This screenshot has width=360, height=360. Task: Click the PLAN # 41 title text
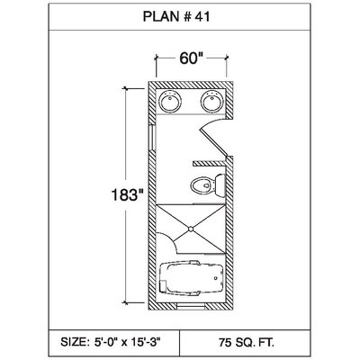coord(176,16)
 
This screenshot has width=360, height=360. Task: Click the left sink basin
coord(170,101)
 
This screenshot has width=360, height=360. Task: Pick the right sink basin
coord(212,101)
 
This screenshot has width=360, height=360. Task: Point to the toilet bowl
coord(202,185)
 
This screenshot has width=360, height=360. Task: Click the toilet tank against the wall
coord(220,186)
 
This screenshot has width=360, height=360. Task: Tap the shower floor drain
coord(191,229)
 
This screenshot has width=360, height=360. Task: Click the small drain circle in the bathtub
coord(215,278)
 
